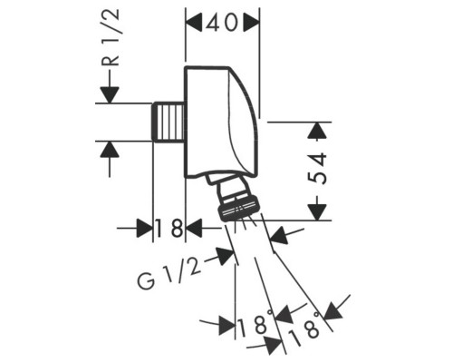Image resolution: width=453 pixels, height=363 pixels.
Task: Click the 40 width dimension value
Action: point(222,24)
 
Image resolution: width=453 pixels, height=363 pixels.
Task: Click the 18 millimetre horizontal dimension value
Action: point(169,228)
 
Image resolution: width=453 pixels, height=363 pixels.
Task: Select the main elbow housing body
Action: point(222,118)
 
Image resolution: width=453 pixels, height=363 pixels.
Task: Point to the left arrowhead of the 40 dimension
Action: point(194,24)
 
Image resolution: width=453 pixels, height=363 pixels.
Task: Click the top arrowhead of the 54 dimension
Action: point(315,132)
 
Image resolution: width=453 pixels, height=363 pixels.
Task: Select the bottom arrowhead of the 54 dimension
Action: point(315,210)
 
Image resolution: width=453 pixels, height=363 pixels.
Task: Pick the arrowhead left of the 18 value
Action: point(143,228)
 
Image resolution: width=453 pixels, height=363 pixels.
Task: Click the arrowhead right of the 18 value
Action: point(194,228)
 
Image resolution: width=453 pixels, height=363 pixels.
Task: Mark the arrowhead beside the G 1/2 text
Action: point(222,255)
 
